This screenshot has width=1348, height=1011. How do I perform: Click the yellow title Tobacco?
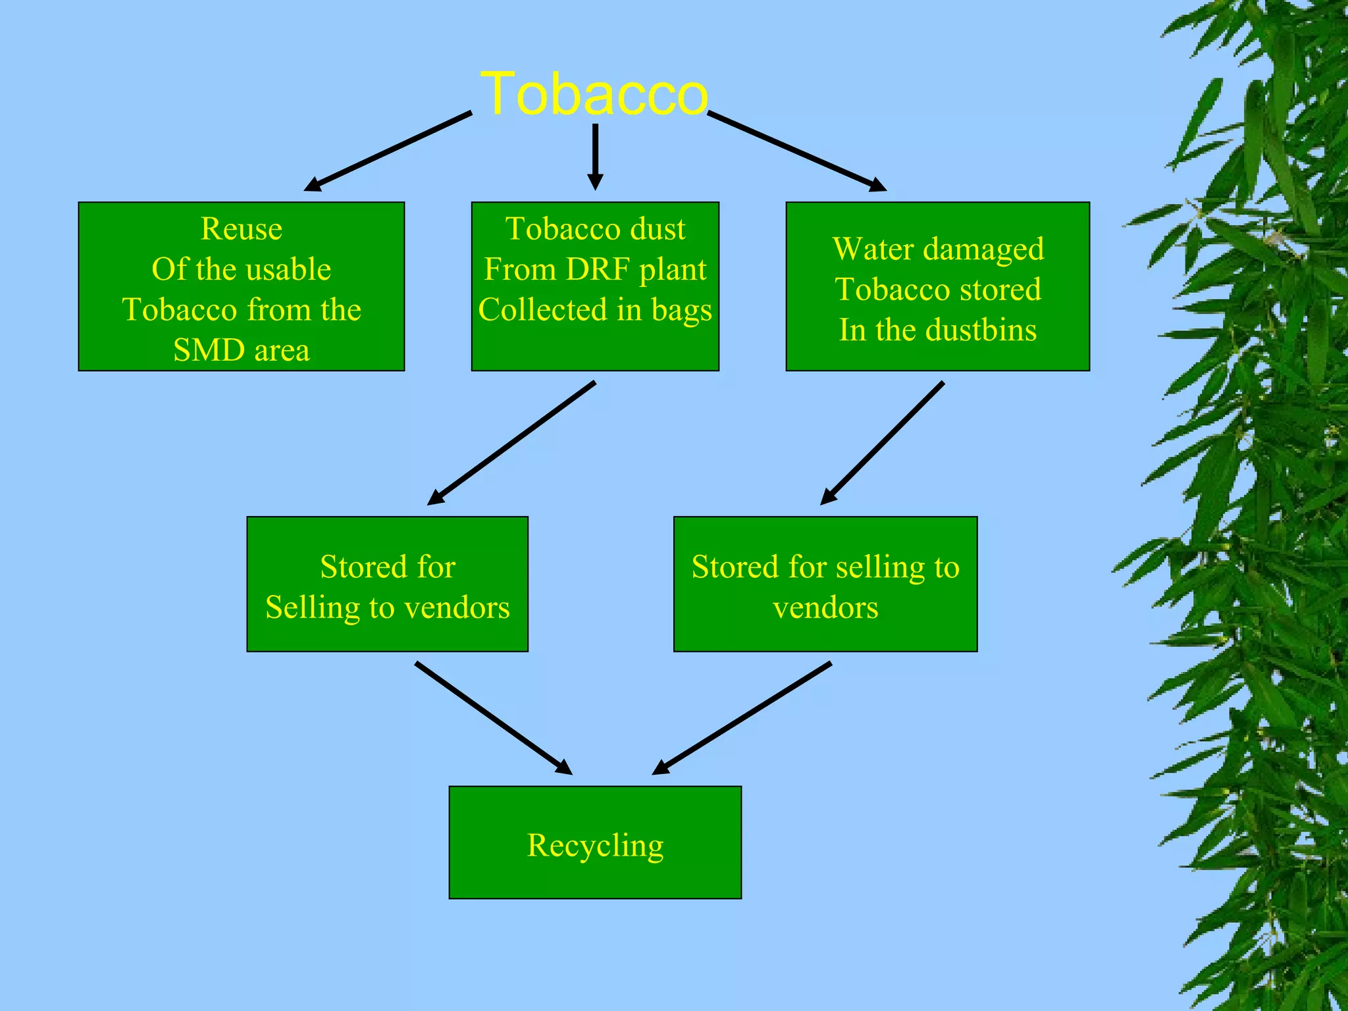click(594, 94)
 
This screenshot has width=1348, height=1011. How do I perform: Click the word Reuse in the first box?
click(241, 229)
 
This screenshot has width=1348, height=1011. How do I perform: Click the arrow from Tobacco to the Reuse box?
click(388, 152)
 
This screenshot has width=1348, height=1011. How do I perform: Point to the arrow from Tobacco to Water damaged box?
click(796, 151)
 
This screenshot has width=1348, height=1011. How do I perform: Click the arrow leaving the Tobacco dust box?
click(511, 443)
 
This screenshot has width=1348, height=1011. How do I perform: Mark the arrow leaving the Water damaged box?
click(882, 443)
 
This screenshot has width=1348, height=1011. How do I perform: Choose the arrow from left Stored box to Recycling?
click(494, 718)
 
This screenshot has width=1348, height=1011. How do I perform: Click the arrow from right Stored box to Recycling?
click(742, 718)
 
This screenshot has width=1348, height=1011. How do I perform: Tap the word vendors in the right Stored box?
click(825, 608)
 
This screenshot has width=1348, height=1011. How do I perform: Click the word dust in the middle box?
click(658, 229)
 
